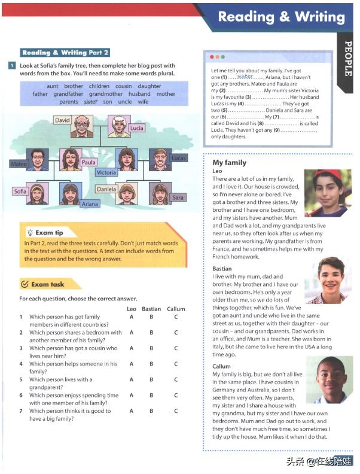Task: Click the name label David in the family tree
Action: click(x=62, y=120)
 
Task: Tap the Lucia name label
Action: click(x=136, y=128)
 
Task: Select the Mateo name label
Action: click(x=19, y=163)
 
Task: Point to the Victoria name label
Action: click(x=106, y=172)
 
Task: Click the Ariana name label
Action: click(x=90, y=204)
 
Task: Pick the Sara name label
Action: click(x=178, y=197)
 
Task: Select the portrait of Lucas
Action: click(x=159, y=160)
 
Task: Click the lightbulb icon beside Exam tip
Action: click(x=29, y=232)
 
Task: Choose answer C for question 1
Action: click(x=176, y=317)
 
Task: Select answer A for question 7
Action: click(x=131, y=411)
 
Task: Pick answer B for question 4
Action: click(x=151, y=363)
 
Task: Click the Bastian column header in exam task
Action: click(x=151, y=309)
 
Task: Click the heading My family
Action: click(x=229, y=163)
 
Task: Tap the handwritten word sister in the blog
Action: click(x=245, y=77)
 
